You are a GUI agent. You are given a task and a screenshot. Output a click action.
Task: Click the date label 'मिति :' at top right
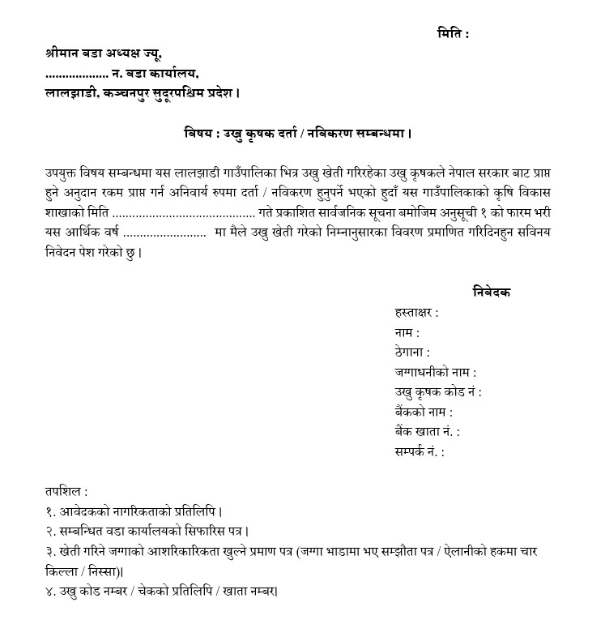point(453,33)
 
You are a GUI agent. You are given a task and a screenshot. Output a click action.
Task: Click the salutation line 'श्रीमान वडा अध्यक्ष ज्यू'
point(104,54)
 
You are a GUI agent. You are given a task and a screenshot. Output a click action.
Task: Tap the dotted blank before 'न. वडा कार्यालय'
point(77,75)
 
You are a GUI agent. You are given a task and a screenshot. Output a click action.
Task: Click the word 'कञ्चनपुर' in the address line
point(139,93)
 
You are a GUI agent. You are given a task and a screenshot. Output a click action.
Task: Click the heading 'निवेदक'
point(492,292)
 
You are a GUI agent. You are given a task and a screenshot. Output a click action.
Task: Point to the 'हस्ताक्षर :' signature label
point(416,312)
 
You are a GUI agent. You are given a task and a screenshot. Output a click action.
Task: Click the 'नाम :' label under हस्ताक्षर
point(407,332)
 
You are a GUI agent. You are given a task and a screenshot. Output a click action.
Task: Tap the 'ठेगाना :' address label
point(411,352)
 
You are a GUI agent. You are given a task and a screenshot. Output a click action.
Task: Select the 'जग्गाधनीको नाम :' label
point(435,372)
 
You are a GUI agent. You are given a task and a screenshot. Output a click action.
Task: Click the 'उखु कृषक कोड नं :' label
point(438,392)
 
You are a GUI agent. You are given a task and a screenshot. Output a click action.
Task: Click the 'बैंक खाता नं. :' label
point(427,432)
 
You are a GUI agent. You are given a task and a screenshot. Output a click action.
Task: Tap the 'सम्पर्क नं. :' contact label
point(420,452)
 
